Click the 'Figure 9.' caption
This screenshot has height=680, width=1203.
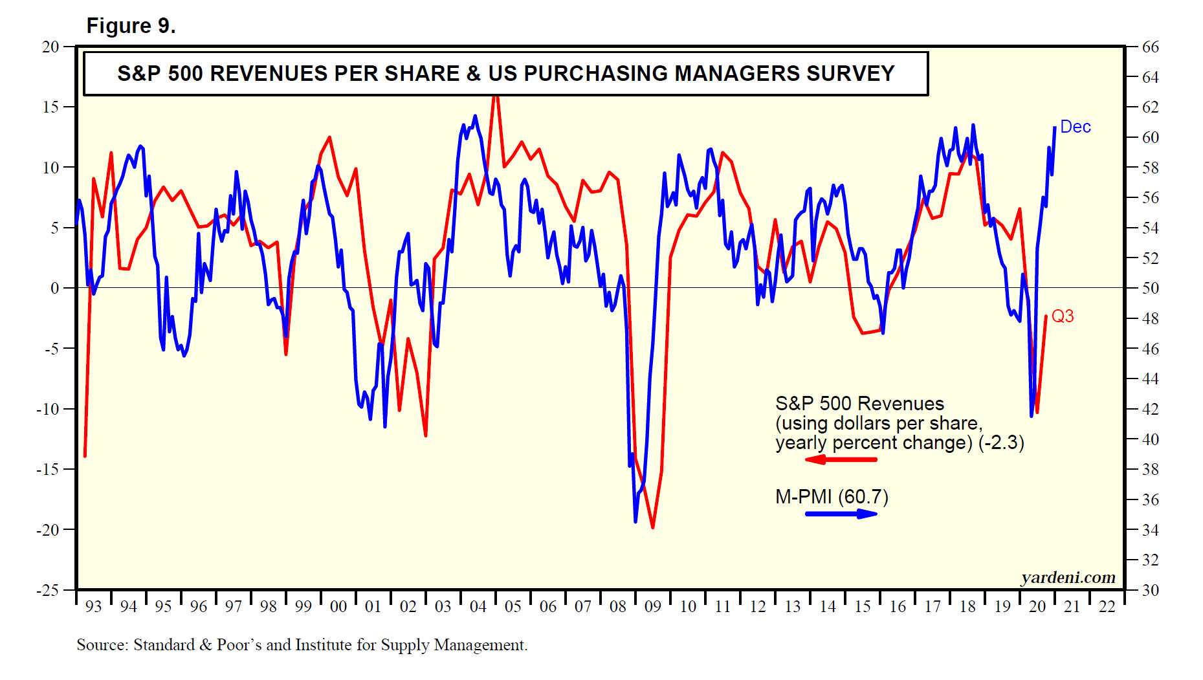(131, 26)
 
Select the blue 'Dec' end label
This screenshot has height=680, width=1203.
(1076, 127)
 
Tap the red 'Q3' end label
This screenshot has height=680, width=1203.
(1063, 316)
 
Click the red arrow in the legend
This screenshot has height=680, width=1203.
(841, 459)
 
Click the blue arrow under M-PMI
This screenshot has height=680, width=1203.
(841, 514)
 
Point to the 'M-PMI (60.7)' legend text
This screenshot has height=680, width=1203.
(832, 497)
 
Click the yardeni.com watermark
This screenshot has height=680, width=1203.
(1068, 577)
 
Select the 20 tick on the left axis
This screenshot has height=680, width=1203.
(50, 47)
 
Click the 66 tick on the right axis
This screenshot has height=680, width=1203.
(1151, 47)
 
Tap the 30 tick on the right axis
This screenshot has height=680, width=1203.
(1151, 590)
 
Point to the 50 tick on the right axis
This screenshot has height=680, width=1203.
(1151, 289)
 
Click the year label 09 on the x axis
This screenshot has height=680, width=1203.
(653, 607)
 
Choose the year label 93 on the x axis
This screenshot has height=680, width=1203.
(94, 607)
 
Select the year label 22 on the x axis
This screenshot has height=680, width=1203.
(1107, 607)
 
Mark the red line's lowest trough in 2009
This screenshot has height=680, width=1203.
(652, 527)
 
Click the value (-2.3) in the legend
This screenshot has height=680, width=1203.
(1001, 443)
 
